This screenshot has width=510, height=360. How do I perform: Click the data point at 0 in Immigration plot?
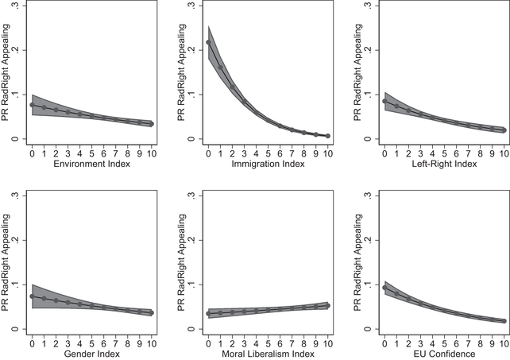(208, 42)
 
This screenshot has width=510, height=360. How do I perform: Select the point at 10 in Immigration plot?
(327, 136)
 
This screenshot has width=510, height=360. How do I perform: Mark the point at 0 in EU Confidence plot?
(384, 288)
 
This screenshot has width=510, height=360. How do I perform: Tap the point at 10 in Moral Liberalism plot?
(327, 305)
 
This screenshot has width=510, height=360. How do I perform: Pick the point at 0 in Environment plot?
(32, 105)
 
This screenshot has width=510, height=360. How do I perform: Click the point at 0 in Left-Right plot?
(384, 101)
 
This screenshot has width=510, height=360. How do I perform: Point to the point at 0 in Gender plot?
(32, 296)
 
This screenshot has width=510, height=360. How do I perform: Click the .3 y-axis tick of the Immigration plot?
(191, 6)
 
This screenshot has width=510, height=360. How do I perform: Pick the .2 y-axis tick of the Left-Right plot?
(367, 50)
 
